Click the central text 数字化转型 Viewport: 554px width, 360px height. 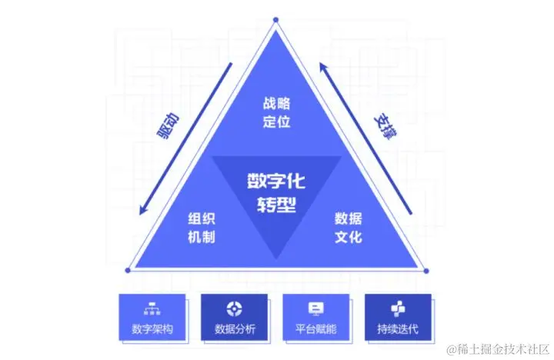(275, 192)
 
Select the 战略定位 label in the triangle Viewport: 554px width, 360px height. (275, 112)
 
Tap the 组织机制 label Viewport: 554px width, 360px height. (201, 228)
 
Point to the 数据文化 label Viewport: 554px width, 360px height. (348, 228)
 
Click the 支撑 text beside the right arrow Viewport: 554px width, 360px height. (384, 126)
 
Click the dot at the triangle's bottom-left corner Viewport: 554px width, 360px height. (127, 270)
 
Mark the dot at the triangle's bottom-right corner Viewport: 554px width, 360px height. (426, 270)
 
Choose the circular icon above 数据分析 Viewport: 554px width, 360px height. (234, 308)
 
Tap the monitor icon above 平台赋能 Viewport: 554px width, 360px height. (315, 308)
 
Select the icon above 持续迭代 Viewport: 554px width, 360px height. (397, 308)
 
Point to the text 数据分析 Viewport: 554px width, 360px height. (234, 330)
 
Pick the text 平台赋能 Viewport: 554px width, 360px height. (315, 330)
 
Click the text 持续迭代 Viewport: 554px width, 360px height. (397, 330)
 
